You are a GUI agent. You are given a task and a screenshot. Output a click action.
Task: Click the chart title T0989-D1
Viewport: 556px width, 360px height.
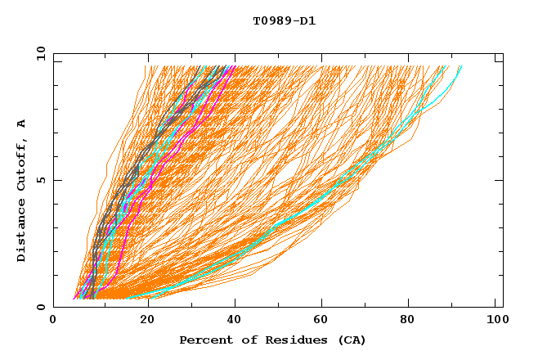[x=284, y=21]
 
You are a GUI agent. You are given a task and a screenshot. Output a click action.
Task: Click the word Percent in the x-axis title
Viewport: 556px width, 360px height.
[x=204, y=340]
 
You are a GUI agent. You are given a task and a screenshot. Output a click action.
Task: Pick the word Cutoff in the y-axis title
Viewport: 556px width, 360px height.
[x=22, y=161]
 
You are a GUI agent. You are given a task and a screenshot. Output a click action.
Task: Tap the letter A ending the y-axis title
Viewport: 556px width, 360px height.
[x=22, y=123]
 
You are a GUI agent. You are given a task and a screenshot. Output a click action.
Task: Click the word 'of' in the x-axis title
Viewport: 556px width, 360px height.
[x=244, y=340]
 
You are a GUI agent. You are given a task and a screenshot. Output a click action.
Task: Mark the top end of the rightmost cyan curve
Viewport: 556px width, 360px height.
[x=461, y=66]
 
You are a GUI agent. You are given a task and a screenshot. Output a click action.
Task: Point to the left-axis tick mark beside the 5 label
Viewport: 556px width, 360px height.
[x=56, y=180]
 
